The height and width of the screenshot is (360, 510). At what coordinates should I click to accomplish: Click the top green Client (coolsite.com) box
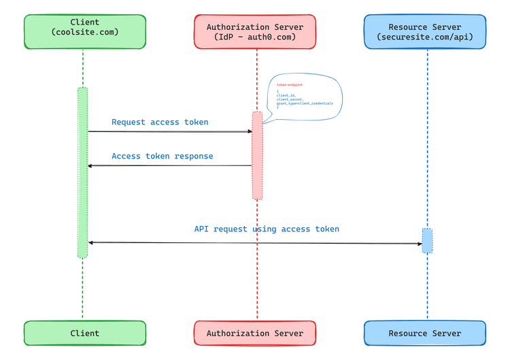tap(84, 31)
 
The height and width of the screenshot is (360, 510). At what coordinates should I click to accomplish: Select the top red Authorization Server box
tap(255, 31)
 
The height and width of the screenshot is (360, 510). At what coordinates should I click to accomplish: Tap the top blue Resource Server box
tap(425, 31)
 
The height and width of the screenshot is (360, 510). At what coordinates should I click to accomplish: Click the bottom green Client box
tap(84, 333)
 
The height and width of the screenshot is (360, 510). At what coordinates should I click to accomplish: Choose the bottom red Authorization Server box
tap(255, 333)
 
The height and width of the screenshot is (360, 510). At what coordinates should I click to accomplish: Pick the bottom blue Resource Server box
tap(425, 333)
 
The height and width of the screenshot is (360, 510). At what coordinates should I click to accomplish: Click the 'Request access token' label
tap(160, 122)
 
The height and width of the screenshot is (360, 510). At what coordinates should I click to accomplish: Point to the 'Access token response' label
tap(162, 157)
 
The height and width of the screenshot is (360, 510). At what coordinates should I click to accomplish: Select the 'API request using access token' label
tap(267, 229)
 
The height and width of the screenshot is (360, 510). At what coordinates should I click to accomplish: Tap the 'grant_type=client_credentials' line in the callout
tap(306, 103)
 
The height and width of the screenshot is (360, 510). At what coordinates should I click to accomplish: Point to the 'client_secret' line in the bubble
tap(290, 99)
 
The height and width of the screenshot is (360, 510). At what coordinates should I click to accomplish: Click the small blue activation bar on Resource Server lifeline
tap(427, 241)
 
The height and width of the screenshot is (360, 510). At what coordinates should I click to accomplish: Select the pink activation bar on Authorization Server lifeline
tap(257, 155)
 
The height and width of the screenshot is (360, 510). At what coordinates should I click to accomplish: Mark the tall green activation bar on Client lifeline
tap(82, 172)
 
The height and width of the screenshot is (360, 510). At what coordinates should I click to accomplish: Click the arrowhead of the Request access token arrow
tap(250, 132)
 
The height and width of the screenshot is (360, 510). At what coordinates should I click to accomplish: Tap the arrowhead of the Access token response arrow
tap(90, 165)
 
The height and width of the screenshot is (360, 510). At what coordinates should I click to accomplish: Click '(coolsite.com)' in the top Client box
tap(84, 33)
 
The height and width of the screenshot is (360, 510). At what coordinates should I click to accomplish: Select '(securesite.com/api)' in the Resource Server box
tap(425, 37)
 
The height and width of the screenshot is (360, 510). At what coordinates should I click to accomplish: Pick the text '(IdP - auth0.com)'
tap(255, 37)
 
